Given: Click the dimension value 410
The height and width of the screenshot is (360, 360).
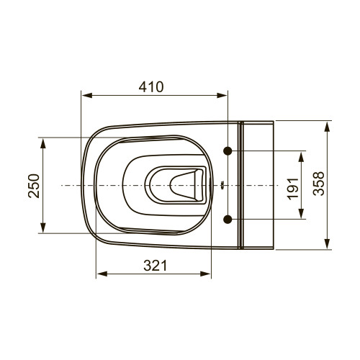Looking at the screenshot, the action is [x=151, y=87].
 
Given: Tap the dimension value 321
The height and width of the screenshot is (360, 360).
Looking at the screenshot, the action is [x=155, y=266].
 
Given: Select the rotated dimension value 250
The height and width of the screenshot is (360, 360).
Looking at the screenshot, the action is [x=34, y=186].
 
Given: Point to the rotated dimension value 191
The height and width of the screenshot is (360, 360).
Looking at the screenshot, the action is [x=293, y=189].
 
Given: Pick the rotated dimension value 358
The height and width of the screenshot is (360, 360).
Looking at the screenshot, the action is [x=319, y=184].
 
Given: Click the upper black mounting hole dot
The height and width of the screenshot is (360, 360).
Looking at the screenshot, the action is [x=228, y=151].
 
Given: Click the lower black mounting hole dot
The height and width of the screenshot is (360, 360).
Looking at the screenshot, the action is [x=228, y=219].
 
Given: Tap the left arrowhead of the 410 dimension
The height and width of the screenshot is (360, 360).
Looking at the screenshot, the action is [x=87, y=96].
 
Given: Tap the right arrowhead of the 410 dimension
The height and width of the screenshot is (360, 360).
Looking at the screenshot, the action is [x=222, y=96].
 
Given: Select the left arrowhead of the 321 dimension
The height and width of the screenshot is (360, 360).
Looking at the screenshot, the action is [x=102, y=274].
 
